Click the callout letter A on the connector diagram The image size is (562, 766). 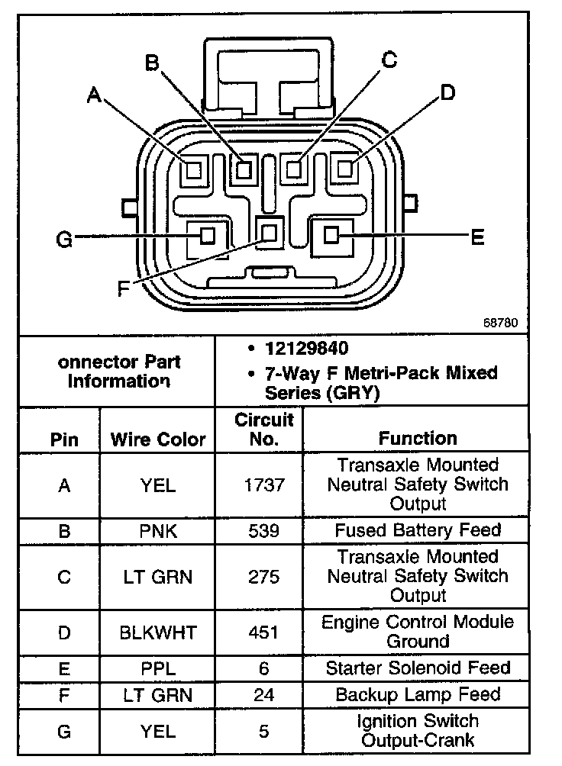coord(94,94)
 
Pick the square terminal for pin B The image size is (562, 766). coord(244,168)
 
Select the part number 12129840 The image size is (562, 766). coord(307,349)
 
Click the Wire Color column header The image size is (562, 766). coord(158,439)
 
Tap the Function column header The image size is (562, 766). coord(418,438)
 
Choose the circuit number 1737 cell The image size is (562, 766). coord(263,485)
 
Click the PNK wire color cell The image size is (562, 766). coord(158,531)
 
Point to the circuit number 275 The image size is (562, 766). coord(263,578)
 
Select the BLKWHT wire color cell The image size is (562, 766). coord(158,632)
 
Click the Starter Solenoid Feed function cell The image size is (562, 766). coord(418,668)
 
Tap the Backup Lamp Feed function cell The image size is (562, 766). coord(418,695)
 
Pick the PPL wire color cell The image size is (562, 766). coord(158,668)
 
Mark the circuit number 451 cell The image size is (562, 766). coord(263,632)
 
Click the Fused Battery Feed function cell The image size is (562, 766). coord(418,530)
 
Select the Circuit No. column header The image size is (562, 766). coord(263,430)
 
